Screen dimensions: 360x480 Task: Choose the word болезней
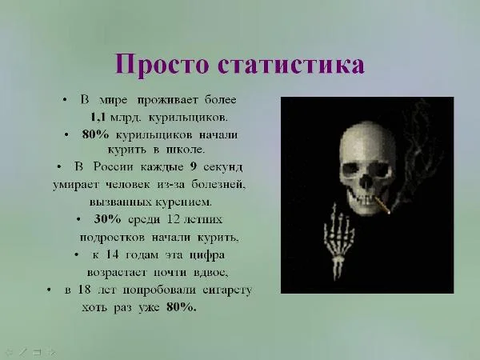pos(217,185)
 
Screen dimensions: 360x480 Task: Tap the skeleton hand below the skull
pos(336,239)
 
